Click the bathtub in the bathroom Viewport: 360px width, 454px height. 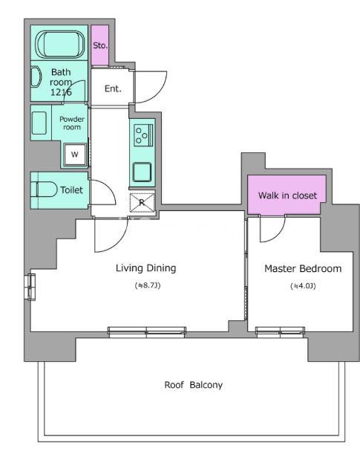tap(60, 45)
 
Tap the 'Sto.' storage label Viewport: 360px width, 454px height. tap(100, 45)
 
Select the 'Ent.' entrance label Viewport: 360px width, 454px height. tap(113, 88)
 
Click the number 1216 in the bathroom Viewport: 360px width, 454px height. tap(61, 92)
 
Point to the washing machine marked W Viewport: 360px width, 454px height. tap(75, 155)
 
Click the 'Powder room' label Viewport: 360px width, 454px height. tap(72, 123)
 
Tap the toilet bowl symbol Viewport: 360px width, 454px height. tap(47, 189)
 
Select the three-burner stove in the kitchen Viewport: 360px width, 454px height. tap(143, 135)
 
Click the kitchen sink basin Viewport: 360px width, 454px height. tap(142, 172)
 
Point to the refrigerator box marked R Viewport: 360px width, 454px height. tap(142, 202)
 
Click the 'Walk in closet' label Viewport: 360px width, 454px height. tap(288, 195)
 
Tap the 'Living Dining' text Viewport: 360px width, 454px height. tap(145, 268)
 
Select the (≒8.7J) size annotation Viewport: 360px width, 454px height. tap(148, 285)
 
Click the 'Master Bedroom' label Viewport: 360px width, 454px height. tap(303, 269)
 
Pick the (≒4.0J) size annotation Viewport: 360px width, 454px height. tap(303, 286)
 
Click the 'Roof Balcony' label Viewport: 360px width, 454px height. tap(194, 385)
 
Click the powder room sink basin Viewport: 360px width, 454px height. tap(39, 123)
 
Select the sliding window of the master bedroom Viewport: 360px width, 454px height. tap(280, 331)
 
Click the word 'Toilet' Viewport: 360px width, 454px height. tap(71, 190)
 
